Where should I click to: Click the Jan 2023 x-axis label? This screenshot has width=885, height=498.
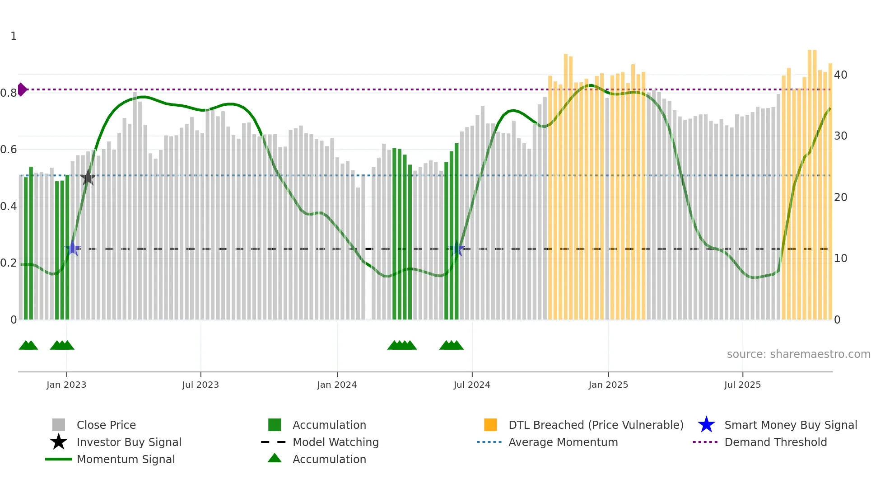(66, 385)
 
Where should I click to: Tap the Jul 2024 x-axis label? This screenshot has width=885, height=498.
(472, 385)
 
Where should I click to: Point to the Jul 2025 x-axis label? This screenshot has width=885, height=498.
(742, 385)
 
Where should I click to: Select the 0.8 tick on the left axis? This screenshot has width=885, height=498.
(9, 93)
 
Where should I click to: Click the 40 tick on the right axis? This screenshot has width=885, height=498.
(840, 75)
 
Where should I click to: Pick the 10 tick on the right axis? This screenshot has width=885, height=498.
(840, 258)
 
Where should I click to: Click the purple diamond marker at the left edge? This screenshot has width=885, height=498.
(22, 89)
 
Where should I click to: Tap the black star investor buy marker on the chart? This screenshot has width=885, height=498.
(88, 178)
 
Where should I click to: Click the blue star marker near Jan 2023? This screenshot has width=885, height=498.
(73, 249)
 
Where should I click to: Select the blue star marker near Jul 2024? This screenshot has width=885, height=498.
(456, 249)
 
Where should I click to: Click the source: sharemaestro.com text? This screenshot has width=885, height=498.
(798, 354)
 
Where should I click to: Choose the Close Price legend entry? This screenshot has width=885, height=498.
(106, 425)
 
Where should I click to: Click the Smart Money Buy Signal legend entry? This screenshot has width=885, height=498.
(790, 425)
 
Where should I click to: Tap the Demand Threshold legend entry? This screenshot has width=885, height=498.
(775, 442)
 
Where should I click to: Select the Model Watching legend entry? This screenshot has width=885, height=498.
(335, 442)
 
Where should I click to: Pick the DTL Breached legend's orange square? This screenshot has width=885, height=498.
(490, 425)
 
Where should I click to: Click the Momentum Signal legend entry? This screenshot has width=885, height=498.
(126, 459)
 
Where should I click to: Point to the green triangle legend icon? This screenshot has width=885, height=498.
(275, 458)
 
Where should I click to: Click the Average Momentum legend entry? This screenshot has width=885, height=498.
(563, 442)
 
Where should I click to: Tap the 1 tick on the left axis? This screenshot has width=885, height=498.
(14, 36)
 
